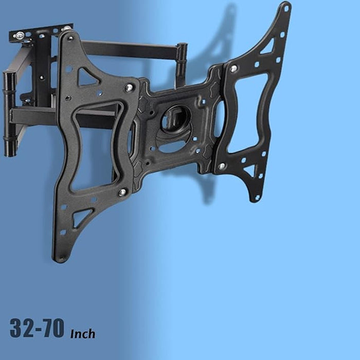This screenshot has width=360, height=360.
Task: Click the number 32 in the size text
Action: pos(24,328)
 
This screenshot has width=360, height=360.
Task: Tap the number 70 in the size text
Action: pos(53,328)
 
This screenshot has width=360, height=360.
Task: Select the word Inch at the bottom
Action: pos(82,333)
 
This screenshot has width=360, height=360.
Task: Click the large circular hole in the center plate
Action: pos(175,119)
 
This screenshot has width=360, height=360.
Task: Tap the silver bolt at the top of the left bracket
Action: pos(129,88)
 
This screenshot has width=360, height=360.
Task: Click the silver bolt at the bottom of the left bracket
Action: pos(122,192)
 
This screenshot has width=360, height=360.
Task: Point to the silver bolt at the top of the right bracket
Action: pos(233,68)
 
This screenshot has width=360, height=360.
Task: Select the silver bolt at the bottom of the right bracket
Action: pos(222,166)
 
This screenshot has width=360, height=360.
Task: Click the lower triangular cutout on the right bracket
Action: pos(250,170)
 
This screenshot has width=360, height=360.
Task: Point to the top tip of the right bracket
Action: pos(285,7)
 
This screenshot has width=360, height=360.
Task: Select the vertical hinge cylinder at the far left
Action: pos(9,113)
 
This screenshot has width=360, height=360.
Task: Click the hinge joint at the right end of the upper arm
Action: pos(182,58)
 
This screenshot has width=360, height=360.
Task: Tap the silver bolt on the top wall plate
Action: pos(20,35)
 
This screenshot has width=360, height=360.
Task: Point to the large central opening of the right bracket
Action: pos(248,113)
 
